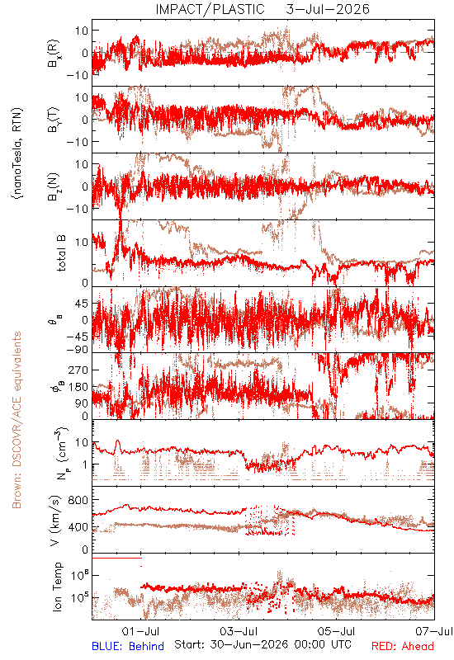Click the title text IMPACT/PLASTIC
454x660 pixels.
[210, 9]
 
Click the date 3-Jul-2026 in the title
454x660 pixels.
[328, 9]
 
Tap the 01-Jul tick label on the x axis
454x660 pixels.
[140, 631]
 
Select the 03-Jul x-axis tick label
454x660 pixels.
[239, 631]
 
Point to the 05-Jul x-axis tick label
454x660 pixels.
[336, 631]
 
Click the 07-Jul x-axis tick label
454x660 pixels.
[434, 631]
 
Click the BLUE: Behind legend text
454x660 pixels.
[128, 646]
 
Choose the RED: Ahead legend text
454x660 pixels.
[402, 646]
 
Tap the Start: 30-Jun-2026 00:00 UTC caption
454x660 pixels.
[262, 644]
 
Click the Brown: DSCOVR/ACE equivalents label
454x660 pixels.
[17, 420]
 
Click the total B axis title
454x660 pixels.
[61, 253]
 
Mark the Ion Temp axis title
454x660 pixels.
[57, 587]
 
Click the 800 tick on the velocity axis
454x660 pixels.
[78, 500]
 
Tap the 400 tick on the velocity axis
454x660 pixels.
[78, 526]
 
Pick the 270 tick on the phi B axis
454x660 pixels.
[78, 370]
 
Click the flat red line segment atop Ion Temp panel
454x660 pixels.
[116, 558]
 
